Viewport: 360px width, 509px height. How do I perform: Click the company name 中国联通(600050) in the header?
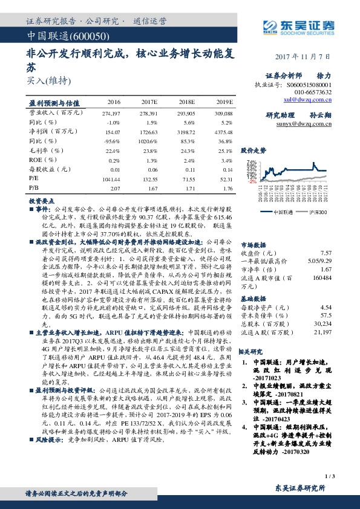pos(56,36)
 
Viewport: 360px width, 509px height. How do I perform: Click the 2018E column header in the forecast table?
pos(188,102)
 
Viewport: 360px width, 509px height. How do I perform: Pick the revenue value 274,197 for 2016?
pos(112,112)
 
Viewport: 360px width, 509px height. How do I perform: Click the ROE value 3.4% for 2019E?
pos(226,161)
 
